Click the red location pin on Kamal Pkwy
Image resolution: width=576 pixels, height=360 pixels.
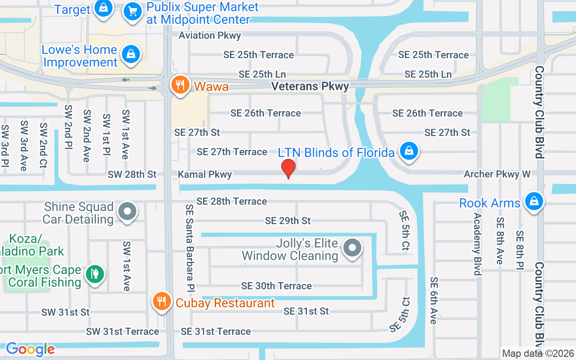coord(288,168)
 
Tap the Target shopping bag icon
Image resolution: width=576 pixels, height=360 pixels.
coord(103,8)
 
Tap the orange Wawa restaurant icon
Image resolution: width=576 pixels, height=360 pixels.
coord(180,85)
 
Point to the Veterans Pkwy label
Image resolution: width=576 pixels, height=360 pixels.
coord(310,86)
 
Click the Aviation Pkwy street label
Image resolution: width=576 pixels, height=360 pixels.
coord(210,35)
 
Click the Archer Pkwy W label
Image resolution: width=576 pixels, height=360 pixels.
coord(497,174)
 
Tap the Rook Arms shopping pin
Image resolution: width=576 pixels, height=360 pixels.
coord(534,201)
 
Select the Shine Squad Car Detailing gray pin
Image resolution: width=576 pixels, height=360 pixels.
coord(127,211)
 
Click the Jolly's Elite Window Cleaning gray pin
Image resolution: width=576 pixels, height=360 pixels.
coord(352,247)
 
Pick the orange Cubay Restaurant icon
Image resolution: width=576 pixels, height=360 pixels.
coord(161,301)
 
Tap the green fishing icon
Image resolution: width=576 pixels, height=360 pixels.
coord(94,273)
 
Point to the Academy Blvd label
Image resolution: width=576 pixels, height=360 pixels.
coord(477,243)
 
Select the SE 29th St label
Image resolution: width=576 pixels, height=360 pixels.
coord(288,220)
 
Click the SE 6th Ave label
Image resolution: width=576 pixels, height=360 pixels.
coord(433,300)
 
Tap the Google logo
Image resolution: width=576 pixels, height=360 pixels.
coord(30,349)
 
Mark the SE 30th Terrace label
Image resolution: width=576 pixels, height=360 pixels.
coord(276,286)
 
